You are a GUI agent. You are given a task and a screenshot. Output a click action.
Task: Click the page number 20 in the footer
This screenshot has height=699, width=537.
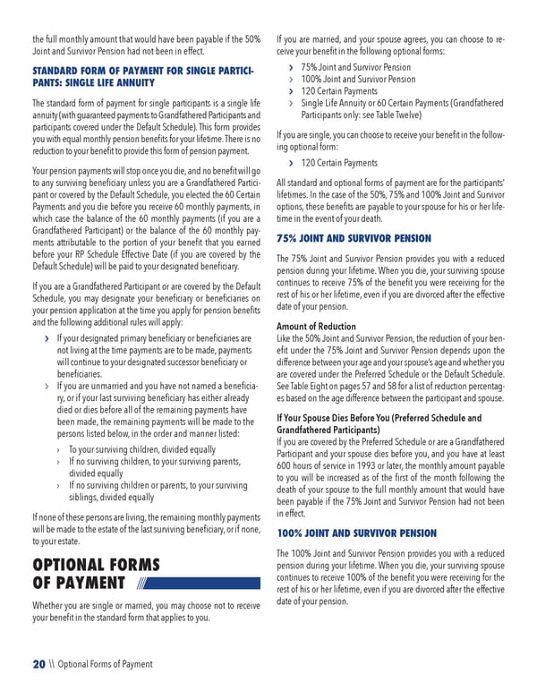click(38, 663)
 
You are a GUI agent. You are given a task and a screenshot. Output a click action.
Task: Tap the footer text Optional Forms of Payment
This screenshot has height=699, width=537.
click(105, 664)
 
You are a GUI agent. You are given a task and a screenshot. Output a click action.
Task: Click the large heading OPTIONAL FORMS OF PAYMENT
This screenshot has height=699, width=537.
click(96, 574)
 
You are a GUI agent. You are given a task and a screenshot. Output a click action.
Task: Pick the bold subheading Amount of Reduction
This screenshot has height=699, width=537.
click(317, 327)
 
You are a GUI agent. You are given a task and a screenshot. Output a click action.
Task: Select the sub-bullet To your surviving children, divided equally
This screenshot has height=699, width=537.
click(141, 448)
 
